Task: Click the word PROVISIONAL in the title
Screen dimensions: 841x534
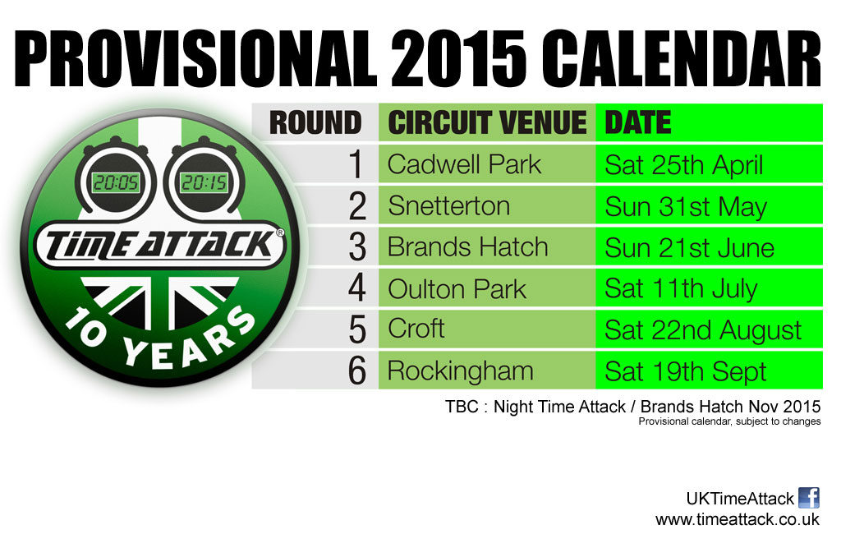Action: tap(196, 59)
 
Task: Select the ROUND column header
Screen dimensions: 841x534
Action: tap(315, 123)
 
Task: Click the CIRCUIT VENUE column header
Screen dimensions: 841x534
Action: tap(487, 123)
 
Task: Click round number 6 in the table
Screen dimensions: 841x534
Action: tap(356, 371)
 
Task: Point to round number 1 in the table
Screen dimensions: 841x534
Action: tap(356, 164)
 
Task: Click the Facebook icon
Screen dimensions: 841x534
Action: tap(809, 498)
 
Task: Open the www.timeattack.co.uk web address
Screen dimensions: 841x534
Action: tap(738, 519)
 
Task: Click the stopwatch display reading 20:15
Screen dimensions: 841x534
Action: tap(204, 182)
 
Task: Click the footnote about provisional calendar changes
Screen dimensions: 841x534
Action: tap(729, 421)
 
